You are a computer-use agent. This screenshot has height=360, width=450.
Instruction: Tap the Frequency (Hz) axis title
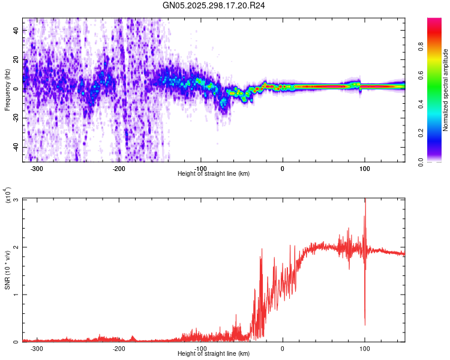point(7,90)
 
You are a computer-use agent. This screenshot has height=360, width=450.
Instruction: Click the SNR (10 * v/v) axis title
point(7,270)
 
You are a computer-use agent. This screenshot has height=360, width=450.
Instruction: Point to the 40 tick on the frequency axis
point(16,30)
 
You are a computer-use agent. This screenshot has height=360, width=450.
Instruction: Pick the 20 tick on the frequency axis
point(16,59)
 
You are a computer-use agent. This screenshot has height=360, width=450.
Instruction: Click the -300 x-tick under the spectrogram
point(37,168)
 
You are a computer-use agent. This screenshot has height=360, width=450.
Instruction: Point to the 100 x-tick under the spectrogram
point(364,168)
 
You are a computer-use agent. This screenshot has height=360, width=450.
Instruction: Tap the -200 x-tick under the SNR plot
point(119,348)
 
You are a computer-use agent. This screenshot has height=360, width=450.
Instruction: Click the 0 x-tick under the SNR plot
point(283,348)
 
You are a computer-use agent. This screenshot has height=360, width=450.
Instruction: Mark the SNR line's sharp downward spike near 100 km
point(365,324)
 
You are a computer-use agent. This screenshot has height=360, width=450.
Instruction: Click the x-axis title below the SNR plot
point(214,354)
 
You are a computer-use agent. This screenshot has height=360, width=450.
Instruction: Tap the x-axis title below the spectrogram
point(214,174)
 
